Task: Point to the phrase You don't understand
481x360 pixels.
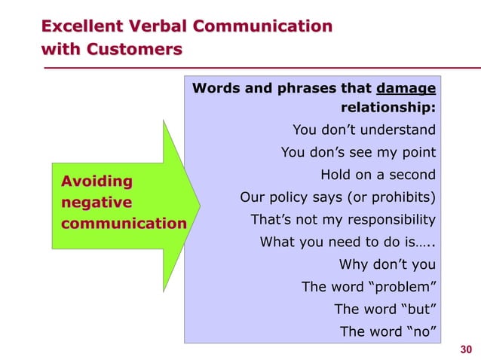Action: (x=363, y=130)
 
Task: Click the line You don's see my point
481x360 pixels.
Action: (x=358, y=153)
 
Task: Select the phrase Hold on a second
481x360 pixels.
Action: (x=378, y=175)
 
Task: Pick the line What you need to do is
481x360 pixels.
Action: (x=348, y=243)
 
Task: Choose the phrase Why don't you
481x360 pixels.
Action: (x=387, y=264)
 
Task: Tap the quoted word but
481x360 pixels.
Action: (x=420, y=309)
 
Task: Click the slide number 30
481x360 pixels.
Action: (x=465, y=348)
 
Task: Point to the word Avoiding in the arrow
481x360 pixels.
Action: (x=96, y=181)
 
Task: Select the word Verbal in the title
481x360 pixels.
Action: (x=161, y=27)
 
